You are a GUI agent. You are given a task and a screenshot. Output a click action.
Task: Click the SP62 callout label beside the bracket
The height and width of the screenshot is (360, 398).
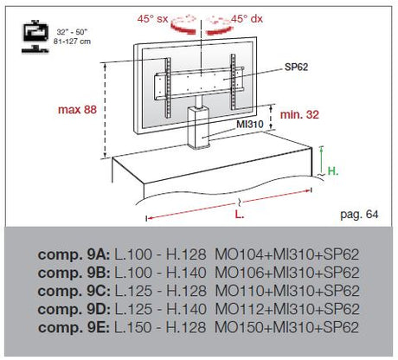(x=296, y=67)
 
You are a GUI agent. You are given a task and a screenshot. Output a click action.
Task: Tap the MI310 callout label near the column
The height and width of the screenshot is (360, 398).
(x=250, y=125)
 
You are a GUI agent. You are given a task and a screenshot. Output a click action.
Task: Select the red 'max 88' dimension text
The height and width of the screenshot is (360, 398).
(x=77, y=110)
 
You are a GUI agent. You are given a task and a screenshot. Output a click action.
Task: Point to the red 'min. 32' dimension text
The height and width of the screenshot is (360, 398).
(x=299, y=114)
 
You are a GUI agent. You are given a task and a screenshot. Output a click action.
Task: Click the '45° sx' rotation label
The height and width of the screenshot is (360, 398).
(x=152, y=19)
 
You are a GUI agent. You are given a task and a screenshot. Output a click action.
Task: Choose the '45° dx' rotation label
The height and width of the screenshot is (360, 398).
(x=247, y=19)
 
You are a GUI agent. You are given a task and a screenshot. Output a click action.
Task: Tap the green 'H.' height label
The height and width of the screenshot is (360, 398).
(x=333, y=171)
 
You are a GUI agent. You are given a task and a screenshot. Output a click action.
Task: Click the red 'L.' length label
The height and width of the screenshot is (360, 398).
(x=240, y=215)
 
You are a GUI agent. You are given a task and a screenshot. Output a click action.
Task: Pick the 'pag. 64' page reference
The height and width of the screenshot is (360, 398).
(x=359, y=215)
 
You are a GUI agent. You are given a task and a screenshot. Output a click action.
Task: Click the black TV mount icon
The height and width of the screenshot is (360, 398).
(x=35, y=36)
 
